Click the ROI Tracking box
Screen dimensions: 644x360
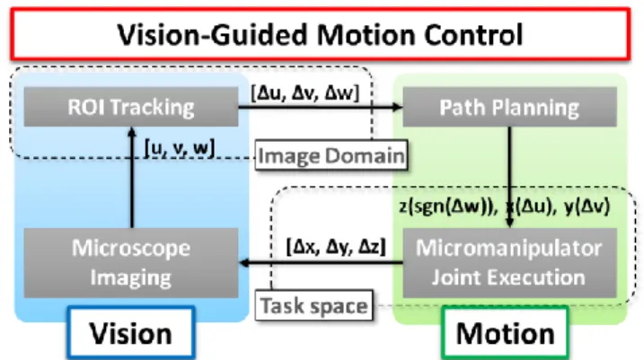(131, 107)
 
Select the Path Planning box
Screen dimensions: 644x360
(509, 107)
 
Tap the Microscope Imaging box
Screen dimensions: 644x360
(131, 263)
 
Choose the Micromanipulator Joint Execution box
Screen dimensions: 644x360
(509, 263)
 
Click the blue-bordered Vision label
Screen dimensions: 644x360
(131, 333)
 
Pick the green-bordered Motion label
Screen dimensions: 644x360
(506, 333)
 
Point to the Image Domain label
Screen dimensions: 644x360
(331, 155)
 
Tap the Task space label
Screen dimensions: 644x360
(314, 306)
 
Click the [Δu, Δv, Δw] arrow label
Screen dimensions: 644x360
(305, 93)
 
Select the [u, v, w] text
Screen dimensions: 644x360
(180, 147)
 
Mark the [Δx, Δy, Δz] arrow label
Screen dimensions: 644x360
(336, 247)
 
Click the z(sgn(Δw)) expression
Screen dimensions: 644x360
(448, 206)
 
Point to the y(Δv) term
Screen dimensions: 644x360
(587, 206)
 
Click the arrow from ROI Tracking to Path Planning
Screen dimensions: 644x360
(321, 107)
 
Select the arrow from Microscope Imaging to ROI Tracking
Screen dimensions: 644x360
(132, 178)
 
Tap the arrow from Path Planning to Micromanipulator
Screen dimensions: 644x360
(509, 178)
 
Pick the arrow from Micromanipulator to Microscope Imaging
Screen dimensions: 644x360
(321, 263)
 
